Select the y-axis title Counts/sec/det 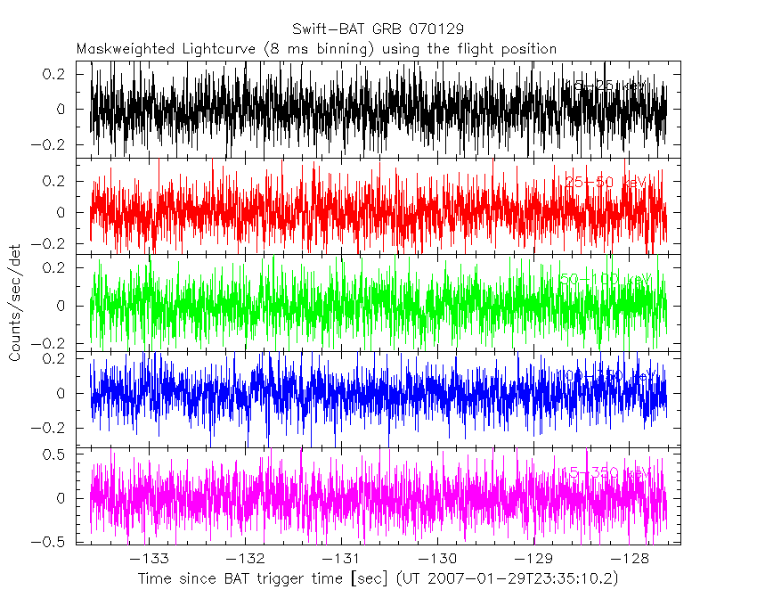coord(16,303)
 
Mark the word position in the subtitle coord(525,49)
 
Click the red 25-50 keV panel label coord(607,183)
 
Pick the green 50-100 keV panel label coord(606,280)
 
